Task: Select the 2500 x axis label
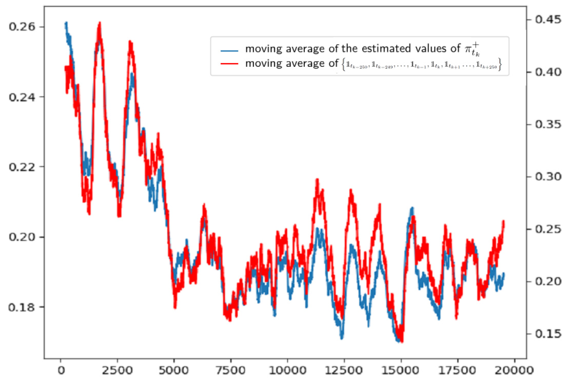pyautogui.click(x=117, y=368)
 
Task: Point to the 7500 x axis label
pyautogui.click(x=231, y=368)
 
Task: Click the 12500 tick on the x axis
pyautogui.click(x=344, y=368)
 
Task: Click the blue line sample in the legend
pyautogui.click(x=229, y=50)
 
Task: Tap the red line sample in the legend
pyautogui.click(x=229, y=64)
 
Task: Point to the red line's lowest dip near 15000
pyautogui.click(x=401, y=342)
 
